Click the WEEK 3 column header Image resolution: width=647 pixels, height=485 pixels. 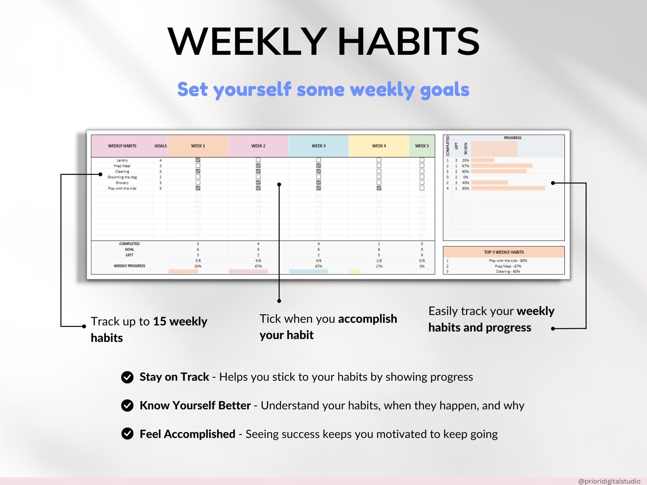(318, 146)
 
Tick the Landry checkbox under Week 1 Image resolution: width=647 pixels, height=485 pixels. (198, 160)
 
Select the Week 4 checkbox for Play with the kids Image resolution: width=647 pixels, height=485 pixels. (379, 188)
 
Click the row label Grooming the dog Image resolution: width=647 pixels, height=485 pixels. (122, 177)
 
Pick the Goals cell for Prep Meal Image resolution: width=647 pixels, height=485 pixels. (160, 166)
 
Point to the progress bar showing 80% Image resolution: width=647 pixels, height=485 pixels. (508, 188)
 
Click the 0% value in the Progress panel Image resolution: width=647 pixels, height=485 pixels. (465, 177)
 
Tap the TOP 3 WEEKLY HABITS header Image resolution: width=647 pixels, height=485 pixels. (504, 252)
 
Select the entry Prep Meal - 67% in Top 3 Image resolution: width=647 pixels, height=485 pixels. (508, 266)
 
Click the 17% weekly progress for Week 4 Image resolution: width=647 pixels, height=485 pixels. (379, 266)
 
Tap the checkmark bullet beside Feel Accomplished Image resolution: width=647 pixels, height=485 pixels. (127, 434)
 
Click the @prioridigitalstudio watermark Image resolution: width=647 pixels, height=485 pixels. (609, 481)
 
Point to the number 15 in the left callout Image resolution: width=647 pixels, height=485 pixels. (160, 321)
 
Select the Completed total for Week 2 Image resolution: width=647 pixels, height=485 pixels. (258, 244)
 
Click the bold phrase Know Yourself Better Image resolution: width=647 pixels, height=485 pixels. (195, 405)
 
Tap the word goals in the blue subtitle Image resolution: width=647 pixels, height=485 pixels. (445, 90)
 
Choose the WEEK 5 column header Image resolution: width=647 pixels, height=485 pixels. (422, 146)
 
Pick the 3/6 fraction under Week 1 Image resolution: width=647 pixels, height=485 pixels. (198, 260)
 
